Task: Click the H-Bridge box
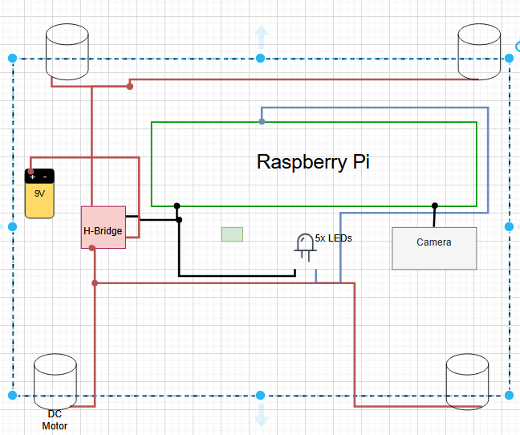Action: [104, 228]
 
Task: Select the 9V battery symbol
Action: [39, 193]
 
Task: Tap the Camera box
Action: [434, 248]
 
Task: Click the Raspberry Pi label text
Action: [313, 161]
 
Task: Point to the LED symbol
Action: [305, 245]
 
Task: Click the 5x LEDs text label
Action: [334, 238]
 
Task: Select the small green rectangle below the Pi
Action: [232, 234]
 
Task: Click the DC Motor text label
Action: [55, 420]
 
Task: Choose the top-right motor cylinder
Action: [479, 51]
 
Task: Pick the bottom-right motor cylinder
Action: [466, 380]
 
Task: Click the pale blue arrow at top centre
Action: [261, 38]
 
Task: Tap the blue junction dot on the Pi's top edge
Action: [262, 122]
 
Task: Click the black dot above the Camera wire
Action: [435, 205]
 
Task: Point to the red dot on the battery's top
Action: [30, 172]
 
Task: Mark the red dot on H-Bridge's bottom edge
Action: [92, 248]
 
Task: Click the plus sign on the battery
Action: [33, 177]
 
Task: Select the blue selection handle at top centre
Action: [261, 58]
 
